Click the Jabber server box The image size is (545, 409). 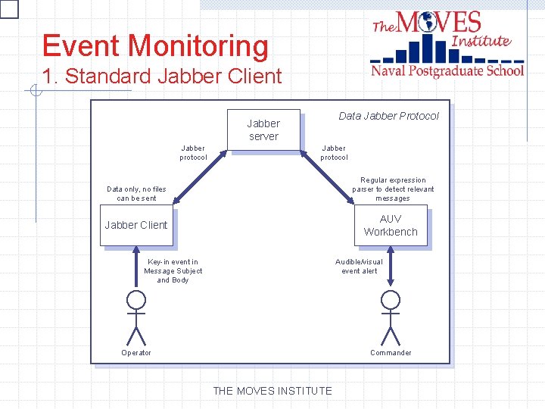pos(263,130)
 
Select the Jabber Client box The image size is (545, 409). pos(137,225)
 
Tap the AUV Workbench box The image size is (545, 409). pos(391,226)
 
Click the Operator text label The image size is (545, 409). pos(136,353)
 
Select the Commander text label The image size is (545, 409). pos(391,353)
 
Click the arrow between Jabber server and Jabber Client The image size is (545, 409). pos(201,176)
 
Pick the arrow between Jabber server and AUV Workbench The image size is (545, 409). pos(328,176)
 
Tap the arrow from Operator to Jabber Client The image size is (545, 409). pos(136,267)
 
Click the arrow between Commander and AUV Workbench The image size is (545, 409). pos(391,267)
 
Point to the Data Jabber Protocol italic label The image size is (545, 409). pos(388,116)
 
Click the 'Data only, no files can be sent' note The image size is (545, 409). pos(136,194)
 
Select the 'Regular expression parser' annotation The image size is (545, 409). pos(393,189)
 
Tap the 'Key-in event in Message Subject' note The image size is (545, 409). pos(173,271)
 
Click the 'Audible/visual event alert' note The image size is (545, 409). pos(360,267)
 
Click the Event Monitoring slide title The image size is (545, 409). pos(155,46)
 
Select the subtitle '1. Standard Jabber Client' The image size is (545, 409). pos(162,76)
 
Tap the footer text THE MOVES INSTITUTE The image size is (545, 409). pos(272,391)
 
